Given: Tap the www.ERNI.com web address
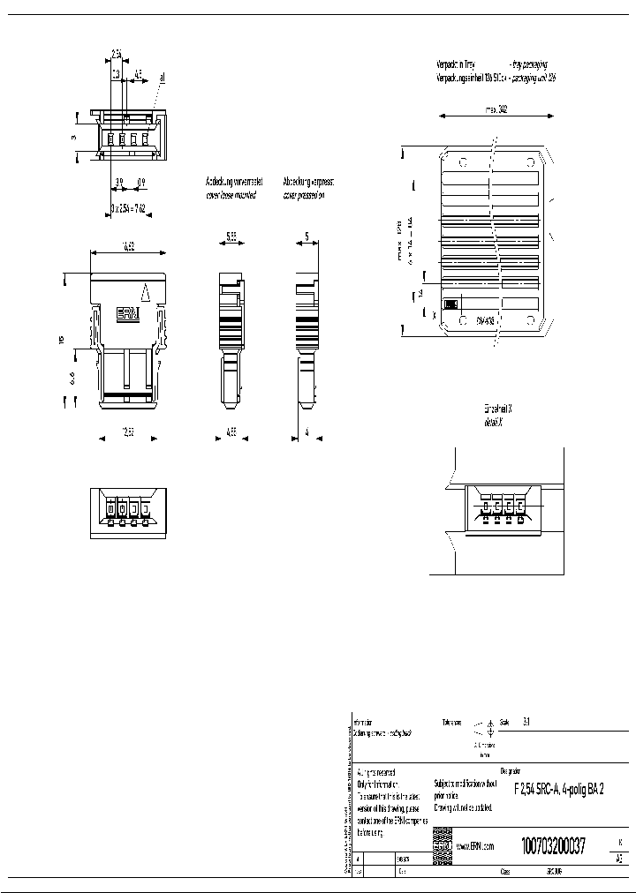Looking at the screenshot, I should [x=474, y=845].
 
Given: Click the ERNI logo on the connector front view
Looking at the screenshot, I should [x=129, y=315].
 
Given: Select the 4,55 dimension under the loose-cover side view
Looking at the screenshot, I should [x=229, y=433].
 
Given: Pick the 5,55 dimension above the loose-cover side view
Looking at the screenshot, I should [x=229, y=237].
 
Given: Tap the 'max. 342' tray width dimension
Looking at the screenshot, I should [x=497, y=111].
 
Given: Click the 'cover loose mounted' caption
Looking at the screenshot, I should [x=231, y=195].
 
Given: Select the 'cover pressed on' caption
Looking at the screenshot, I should [x=304, y=195].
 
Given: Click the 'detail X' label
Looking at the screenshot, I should [x=493, y=424].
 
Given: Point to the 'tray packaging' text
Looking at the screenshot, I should [x=528, y=64].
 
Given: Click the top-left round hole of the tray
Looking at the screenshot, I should [x=462, y=162].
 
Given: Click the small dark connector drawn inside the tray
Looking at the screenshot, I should [x=450, y=304].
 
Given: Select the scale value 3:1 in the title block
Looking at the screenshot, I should [x=526, y=721].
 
